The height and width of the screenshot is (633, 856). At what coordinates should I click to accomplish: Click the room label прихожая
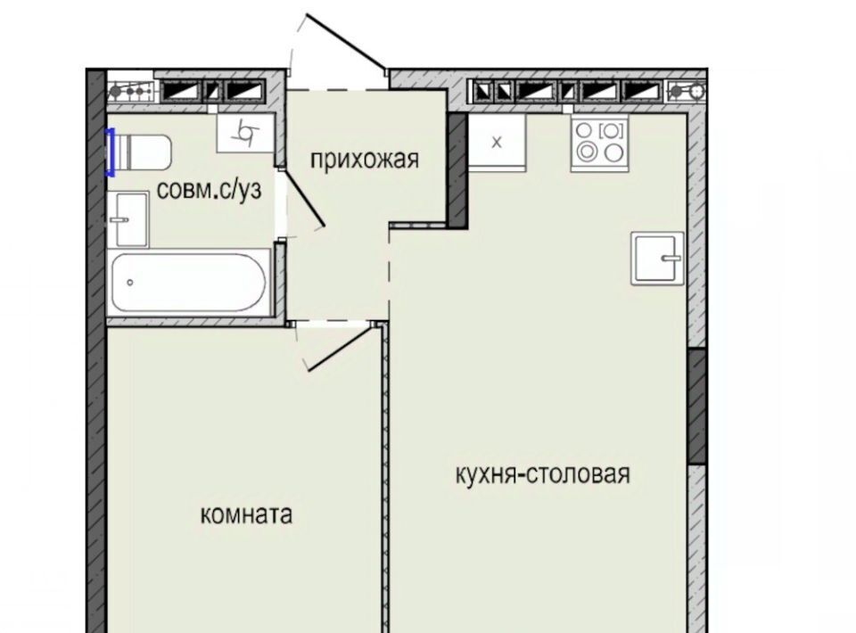tap(365, 160)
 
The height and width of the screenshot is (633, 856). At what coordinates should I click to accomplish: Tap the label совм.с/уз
tap(209, 189)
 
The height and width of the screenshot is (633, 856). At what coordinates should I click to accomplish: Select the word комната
tap(246, 514)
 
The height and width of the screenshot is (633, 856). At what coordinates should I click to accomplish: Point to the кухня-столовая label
tap(543, 474)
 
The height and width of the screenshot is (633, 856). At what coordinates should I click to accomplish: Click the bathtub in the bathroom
tap(189, 283)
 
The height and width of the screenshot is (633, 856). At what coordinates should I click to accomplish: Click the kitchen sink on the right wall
tap(658, 259)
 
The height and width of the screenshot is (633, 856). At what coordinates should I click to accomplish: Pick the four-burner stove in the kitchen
tap(599, 143)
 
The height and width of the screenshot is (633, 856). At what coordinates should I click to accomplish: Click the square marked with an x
tap(497, 143)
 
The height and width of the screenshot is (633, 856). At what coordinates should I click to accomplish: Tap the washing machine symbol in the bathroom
tap(245, 133)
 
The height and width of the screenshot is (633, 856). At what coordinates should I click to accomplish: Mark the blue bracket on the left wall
tap(110, 152)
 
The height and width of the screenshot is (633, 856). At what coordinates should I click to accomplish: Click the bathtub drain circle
tap(130, 282)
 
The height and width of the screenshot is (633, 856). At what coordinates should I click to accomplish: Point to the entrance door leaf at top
tap(346, 42)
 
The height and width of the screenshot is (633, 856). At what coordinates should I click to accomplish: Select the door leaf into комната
tap(340, 349)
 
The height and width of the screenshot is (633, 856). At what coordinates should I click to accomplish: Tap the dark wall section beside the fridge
tap(457, 171)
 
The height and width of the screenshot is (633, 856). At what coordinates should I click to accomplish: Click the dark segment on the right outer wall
tap(696, 406)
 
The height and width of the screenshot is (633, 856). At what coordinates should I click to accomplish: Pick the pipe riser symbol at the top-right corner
tap(687, 91)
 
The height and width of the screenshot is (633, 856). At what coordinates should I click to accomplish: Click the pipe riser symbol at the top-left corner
tap(129, 92)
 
